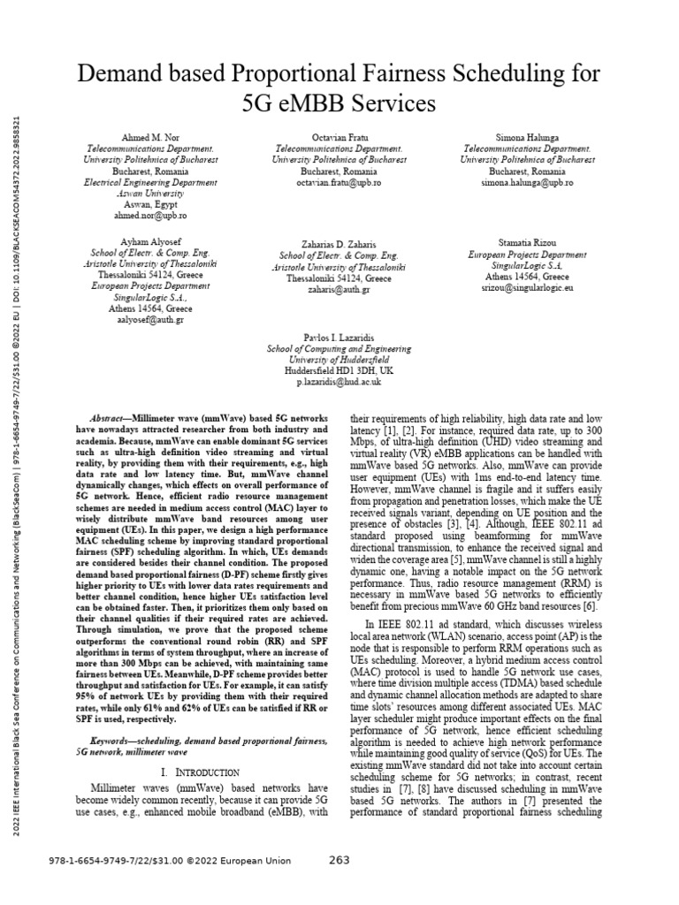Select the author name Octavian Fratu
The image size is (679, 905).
tap(339, 140)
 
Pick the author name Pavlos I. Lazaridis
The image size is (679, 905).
tap(340, 338)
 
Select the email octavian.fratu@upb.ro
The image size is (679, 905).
tap(339, 181)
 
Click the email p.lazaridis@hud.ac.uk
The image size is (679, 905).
tap(340, 381)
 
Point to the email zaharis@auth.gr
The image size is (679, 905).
tap(340, 289)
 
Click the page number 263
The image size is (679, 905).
tap(340, 862)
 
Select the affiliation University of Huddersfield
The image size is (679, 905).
tap(340, 360)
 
